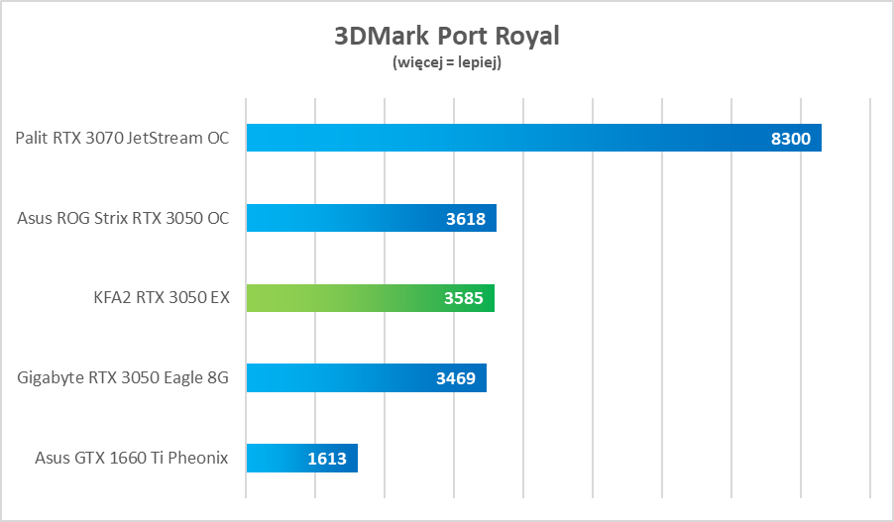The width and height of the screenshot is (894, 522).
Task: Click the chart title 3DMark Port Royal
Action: (x=447, y=37)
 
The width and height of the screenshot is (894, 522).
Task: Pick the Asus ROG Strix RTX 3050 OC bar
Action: (x=371, y=218)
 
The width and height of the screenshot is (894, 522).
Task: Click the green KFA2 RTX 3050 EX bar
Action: (x=370, y=298)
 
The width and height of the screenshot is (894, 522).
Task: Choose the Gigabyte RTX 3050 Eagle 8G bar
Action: (x=366, y=377)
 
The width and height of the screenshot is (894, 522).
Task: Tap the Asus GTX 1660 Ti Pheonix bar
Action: (x=301, y=458)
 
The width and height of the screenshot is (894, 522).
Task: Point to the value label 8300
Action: (x=790, y=139)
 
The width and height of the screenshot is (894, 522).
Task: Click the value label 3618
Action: (x=466, y=219)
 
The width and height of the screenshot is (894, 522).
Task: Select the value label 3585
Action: (x=464, y=298)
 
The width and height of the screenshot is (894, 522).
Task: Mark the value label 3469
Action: (x=456, y=378)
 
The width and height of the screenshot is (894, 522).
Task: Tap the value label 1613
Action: (x=327, y=458)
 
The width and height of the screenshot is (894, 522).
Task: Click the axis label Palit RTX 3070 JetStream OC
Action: (x=122, y=138)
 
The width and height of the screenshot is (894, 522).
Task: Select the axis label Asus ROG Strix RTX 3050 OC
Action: (x=123, y=218)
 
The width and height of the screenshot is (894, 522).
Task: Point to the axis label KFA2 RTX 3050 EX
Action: (x=161, y=297)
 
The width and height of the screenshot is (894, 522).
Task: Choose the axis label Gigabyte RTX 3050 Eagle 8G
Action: (x=123, y=377)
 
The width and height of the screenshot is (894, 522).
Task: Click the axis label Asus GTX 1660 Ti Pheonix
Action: (x=132, y=458)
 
